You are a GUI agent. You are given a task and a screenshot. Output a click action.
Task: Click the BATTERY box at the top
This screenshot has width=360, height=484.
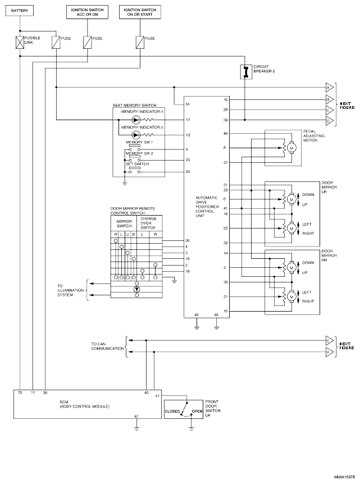(20, 11)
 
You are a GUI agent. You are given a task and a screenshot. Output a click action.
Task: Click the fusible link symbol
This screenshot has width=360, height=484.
(20, 41)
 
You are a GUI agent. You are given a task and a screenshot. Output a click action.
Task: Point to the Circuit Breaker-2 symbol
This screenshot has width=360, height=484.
(245, 71)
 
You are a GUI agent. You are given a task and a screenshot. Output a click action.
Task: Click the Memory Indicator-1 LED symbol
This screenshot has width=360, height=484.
(135, 120)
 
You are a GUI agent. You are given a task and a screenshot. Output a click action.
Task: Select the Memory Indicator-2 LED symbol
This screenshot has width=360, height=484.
(135, 135)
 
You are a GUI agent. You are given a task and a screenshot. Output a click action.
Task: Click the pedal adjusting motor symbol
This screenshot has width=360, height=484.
(291, 148)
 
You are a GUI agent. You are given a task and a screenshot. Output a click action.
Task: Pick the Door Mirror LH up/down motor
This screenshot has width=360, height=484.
(291, 199)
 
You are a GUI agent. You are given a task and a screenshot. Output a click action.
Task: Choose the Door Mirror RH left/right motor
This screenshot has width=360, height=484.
(291, 296)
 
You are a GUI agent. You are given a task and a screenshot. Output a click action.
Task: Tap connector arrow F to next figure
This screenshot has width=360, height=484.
(329, 353)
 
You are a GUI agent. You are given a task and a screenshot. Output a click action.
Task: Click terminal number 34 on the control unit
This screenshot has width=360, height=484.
(187, 104)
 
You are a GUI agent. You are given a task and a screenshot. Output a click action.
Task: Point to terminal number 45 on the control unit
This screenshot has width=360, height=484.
(225, 134)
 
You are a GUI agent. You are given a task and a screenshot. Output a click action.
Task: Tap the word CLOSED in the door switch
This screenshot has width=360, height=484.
(172, 411)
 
